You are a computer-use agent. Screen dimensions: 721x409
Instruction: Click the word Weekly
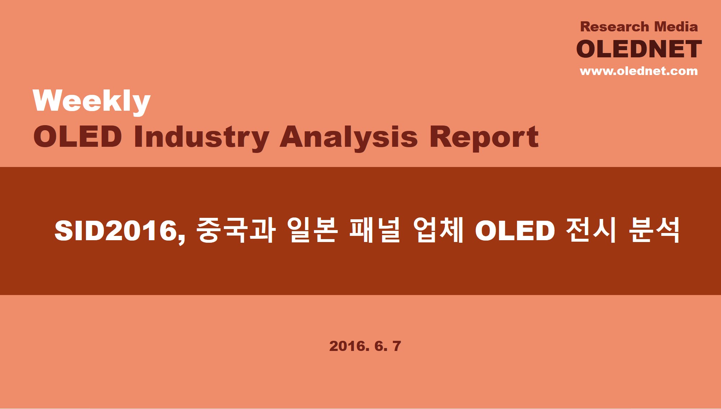92,102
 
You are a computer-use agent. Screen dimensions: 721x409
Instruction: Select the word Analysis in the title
349,138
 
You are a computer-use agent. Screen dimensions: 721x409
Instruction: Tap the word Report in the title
484,138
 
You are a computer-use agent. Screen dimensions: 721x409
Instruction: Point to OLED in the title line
78,137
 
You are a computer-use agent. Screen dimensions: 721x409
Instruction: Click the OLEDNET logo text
639,49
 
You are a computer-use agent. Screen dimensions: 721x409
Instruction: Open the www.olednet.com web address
639,71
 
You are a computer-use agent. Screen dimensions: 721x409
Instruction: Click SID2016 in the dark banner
120,231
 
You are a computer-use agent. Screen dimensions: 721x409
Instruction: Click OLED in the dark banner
515,231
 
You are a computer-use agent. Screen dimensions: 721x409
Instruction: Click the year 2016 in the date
349,346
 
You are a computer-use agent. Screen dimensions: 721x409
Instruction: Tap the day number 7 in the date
397,346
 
